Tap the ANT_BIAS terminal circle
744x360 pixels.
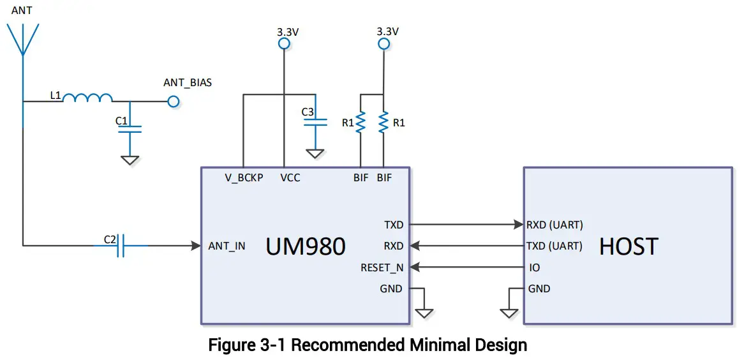point(173,101)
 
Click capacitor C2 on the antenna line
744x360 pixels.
point(121,245)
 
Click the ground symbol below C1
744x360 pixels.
point(130,160)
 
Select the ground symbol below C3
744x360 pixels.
point(314,154)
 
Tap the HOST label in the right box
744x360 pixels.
point(628,246)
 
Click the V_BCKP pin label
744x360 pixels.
point(243,178)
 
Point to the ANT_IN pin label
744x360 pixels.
point(227,246)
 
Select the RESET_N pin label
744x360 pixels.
point(382,267)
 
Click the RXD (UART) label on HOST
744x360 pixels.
point(554,225)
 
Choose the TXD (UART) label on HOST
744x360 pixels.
point(554,246)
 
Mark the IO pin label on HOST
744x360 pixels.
point(534,267)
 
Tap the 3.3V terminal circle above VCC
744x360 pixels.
point(283,43)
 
